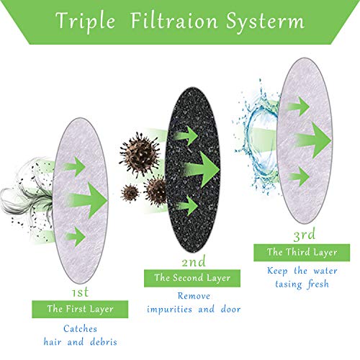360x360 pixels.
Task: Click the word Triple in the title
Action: (85, 22)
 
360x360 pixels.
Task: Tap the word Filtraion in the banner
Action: (174, 20)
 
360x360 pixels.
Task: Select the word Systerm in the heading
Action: (265, 22)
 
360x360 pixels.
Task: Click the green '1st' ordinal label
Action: (81, 292)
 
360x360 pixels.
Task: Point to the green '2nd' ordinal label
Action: (194, 261)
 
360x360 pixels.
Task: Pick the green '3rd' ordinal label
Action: (304, 235)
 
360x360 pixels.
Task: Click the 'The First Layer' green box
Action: (80, 309)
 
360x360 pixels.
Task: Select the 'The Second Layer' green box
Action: (192, 278)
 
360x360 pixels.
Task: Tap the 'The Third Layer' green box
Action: (302, 253)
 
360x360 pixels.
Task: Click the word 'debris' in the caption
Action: (104, 341)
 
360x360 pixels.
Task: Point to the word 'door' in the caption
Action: (230, 309)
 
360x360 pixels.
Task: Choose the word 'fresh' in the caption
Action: (318, 284)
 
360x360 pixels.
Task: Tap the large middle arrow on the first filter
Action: (88, 200)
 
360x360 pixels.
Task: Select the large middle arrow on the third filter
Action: (312, 140)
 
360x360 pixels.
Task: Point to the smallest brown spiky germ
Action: (130, 193)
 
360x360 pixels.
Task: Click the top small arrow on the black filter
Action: (186, 136)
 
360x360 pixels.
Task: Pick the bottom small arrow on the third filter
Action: (299, 176)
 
